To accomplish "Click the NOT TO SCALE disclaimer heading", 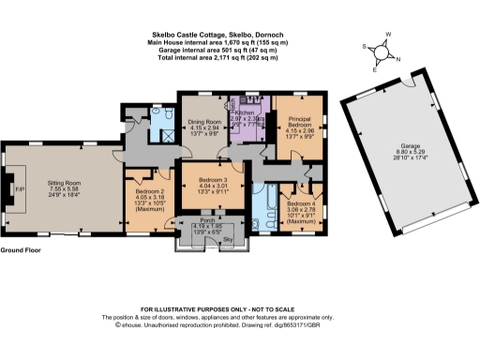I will point(239,308).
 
